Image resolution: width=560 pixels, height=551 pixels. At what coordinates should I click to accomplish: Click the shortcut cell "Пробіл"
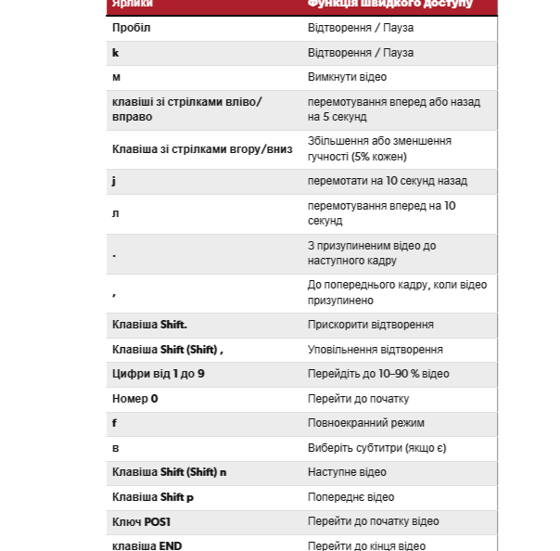coord(131,28)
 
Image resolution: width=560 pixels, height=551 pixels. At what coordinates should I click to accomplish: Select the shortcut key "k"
coord(116,53)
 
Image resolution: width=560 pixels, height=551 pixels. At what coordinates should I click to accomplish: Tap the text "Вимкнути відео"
coord(347,77)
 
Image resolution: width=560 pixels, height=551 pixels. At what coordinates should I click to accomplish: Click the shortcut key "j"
coord(114,181)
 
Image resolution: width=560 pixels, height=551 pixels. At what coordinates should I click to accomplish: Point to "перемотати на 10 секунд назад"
coord(388,181)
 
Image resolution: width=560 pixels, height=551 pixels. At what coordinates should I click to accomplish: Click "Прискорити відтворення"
coord(371,325)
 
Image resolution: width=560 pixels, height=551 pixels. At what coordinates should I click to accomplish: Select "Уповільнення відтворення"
coord(375,350)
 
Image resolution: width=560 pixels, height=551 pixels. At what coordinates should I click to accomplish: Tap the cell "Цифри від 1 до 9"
coord(158,374)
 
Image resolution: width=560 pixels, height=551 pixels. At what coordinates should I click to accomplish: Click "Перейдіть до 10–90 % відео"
coord(378,374)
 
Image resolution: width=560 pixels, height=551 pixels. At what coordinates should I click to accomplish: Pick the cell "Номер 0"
coord(135,399)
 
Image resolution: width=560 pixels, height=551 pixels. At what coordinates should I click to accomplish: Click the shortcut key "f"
coord(114,423)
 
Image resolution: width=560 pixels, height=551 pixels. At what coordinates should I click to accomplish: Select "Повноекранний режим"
coord(365,423)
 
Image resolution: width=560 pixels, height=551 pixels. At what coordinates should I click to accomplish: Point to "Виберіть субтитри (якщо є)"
coord(376,448)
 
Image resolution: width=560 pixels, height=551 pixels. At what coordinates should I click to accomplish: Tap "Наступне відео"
coord(350,472)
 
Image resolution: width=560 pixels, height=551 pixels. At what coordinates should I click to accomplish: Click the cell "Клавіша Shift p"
coord(153,497)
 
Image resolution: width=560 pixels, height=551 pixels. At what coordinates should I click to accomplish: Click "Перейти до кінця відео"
coord(367,545)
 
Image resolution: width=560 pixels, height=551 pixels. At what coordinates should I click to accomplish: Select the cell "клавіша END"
coord(146,545)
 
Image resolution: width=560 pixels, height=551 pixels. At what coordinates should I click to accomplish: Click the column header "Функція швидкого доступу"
coord(389,4)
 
